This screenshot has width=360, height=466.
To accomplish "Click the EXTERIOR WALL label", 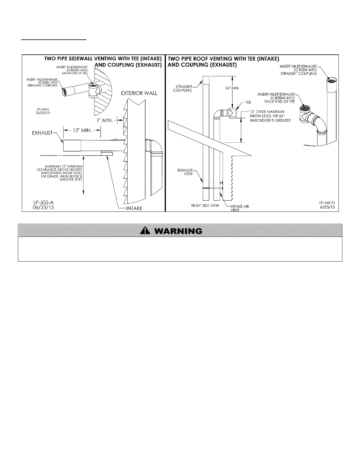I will [x=139, y=93].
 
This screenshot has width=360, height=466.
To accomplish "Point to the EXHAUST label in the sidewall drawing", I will [x=42, y=133].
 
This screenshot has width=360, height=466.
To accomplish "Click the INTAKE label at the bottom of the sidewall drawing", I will [x=134, y=208].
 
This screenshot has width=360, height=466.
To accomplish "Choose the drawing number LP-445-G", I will [x=327, y=203].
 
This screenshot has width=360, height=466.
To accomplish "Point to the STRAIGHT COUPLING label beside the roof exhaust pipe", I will [x=184, y=88].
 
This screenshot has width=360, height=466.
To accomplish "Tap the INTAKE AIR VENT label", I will [x=239, y=208].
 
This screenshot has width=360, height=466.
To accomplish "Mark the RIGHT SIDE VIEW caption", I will [x=205, y=205].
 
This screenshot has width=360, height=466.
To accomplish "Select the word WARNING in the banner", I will [x=178, y=231].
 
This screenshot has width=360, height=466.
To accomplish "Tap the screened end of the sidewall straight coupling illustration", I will [x=64, y=92].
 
